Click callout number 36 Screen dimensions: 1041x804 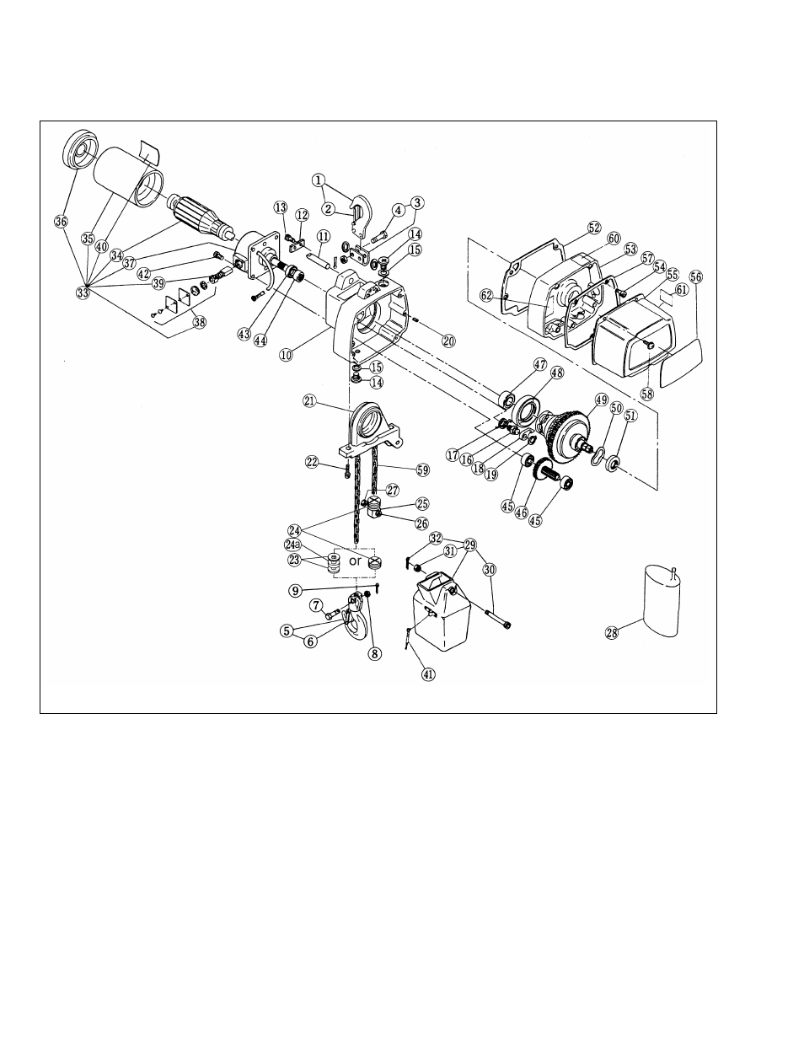point(60,222)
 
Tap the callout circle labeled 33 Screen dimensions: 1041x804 point(83,292)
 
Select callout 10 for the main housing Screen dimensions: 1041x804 point(287,355)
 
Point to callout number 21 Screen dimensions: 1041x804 point(310,402)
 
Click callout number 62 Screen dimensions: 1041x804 point(486,295)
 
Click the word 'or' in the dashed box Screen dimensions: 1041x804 point(355,561)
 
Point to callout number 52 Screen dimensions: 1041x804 point(594,228)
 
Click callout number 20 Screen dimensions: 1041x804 point(448,341)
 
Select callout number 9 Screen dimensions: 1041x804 point(295,591)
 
